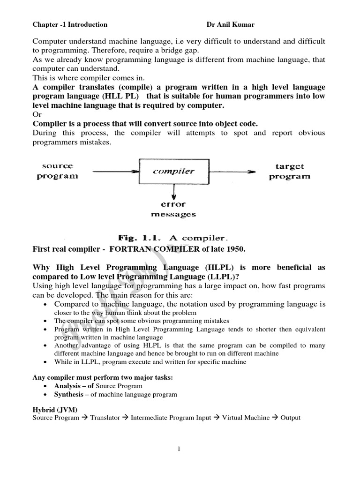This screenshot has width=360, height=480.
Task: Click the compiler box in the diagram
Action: click(173, 172)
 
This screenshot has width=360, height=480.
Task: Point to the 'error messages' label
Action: click(174, 209)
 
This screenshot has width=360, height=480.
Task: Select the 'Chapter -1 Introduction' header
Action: click(70, 24)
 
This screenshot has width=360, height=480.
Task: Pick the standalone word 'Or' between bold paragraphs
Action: click(37, 115)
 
